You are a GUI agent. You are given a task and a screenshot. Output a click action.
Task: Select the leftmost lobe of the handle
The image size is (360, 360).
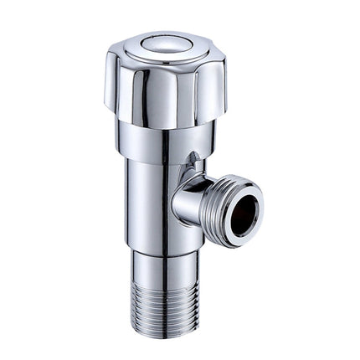(x=115, y=80)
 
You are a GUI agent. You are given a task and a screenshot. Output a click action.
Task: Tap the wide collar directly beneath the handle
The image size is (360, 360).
(x=164, y=142)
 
